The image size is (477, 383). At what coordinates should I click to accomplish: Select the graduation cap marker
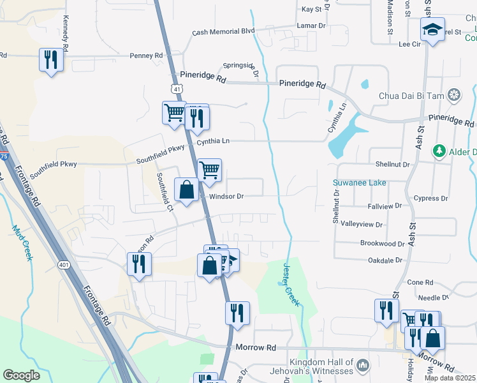(x=432, y=30)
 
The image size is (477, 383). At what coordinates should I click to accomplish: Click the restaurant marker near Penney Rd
(x=50, y=60)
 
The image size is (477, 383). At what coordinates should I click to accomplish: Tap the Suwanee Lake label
(x=360, y=183)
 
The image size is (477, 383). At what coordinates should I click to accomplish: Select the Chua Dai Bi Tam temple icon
(x=454, y=96)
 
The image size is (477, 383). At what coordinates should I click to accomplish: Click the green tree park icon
(x=439, y=151)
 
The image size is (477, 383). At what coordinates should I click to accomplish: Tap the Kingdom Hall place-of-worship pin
(x=363, y=366)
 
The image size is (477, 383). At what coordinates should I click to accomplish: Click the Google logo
(x=21, y=375)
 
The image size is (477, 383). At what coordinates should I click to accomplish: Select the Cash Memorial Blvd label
(x=223, y=31)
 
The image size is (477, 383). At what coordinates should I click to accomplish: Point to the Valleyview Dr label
(x=362, y=225)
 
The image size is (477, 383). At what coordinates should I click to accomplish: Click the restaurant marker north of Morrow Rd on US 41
(x=237, y=313)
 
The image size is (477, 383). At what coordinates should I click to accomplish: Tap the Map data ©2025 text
(x=450, y=378)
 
